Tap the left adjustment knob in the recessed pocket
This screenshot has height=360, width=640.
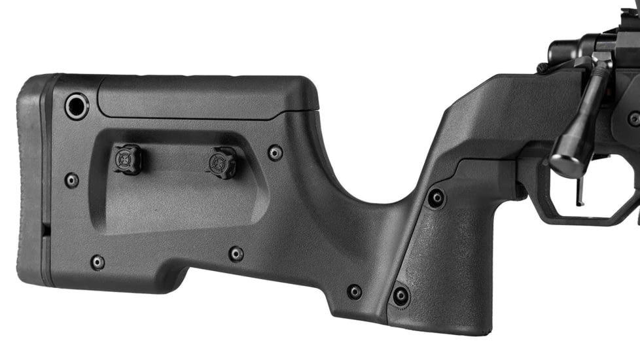click(126, 159)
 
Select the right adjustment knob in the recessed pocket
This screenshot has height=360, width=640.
click(222, 162)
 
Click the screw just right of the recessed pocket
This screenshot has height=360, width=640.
click(276, 153)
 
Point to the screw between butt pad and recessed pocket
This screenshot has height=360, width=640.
click(71, 180)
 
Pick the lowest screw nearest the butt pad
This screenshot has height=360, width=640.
click(98, 262)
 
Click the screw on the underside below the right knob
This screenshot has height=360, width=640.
click(236, 253)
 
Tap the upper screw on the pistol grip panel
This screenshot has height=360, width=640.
click(436, 198)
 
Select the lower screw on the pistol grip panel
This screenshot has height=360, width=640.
click(400, 295)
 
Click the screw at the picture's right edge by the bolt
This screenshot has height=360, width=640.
click(633, 118)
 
